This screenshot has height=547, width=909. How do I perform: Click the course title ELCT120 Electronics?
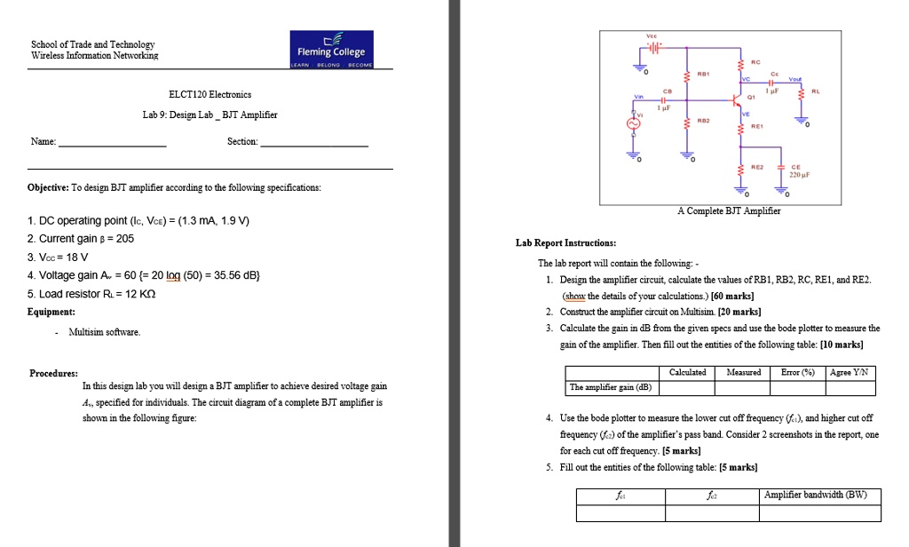(x=209, y=94)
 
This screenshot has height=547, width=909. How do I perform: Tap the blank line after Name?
(x=112, y=142)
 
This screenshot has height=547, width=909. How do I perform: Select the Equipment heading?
(x=51, y=312)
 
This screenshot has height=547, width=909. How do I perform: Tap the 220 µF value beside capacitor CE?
(x=798, y=176)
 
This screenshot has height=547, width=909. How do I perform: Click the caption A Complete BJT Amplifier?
(x=729, y=211)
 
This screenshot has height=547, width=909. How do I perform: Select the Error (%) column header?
(x=794, y=372)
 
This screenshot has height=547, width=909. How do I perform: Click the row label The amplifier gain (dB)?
(x=611, y=387)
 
